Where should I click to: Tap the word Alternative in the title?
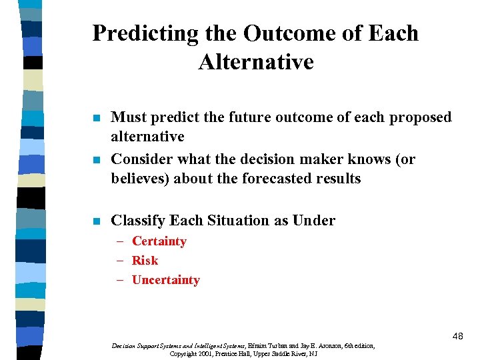255,62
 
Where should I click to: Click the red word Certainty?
159,241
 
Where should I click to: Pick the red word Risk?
145,261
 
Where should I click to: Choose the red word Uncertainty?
165,280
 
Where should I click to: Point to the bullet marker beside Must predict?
97,119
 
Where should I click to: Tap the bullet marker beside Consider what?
97,161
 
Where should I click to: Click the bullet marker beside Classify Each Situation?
97,221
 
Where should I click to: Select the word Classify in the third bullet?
138,221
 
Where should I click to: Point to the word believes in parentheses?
141,179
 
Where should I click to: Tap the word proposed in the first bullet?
420,117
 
